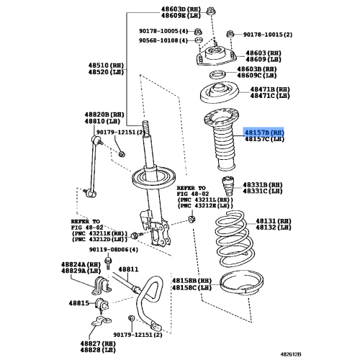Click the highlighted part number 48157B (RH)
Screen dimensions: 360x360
click(264, 132)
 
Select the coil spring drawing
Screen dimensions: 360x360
click(233, 238)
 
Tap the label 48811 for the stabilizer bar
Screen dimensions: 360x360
click(128, 269)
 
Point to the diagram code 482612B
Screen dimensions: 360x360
click(291, 354)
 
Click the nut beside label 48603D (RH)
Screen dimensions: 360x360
click(210, 11)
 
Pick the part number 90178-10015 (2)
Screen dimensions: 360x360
click(268, 35)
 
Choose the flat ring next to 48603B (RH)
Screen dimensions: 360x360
click(217, 75)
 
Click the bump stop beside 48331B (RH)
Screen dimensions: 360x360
click(228, 186)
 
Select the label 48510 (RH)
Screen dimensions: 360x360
click(106, 66)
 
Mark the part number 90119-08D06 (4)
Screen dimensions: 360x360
click(114, 250)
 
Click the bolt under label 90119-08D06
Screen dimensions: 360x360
click(108, 263)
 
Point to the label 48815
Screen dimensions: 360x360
click(79, 303)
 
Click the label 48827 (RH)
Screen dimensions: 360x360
click(98, 343)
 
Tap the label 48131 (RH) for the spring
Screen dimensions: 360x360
click(274, 221)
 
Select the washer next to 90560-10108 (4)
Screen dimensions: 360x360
click(198, 40)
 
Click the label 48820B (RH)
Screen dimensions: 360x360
click(104, 114)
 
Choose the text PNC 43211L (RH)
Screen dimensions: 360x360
click(205, 199)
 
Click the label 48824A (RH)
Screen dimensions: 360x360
click(81, 264)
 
